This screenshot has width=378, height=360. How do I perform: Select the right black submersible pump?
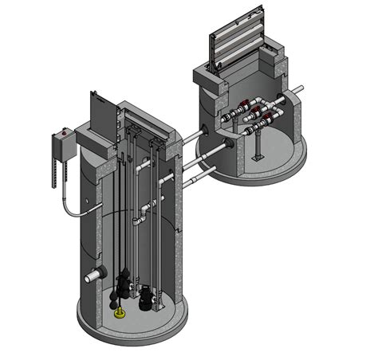[x=146, y=297]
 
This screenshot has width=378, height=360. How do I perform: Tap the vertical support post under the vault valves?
[x=258, y=147]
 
